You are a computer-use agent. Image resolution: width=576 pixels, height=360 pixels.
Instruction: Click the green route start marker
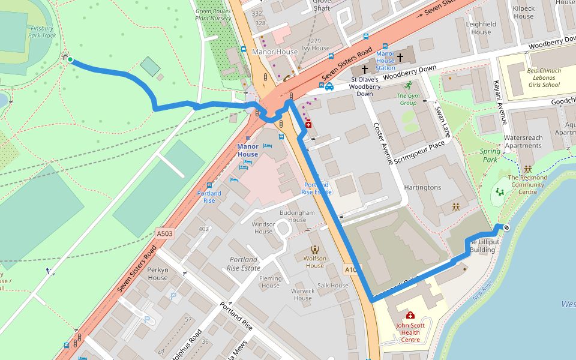[70, 59]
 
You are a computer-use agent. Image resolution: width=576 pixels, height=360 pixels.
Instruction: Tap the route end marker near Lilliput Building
[506, 227]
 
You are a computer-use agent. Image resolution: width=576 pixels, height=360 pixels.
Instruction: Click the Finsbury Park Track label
[42, 32]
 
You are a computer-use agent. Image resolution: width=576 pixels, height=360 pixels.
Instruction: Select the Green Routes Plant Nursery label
[213, 14]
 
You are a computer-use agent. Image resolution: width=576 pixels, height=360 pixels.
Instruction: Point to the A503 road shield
[164, 233]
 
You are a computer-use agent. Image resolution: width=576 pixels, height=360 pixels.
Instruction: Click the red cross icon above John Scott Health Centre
[410, 315]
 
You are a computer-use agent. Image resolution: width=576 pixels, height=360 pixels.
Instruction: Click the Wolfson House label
[314, 262]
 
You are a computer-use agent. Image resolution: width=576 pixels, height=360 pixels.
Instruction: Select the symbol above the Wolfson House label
[314, 250]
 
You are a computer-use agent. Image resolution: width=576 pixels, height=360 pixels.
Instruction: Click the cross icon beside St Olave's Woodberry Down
[364, 70]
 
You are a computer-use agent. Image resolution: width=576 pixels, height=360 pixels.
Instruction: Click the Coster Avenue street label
[383, 144]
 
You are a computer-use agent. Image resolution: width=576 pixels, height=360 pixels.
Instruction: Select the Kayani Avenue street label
[502, 102]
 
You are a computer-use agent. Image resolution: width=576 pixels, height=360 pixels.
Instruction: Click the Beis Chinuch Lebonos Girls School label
[544, 77]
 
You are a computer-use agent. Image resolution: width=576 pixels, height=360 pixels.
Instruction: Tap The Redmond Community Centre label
[528, 181]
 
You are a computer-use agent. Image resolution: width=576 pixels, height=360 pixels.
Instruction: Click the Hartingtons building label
[422, 187]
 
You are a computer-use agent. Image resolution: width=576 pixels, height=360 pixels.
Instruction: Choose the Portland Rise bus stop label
[209, 197]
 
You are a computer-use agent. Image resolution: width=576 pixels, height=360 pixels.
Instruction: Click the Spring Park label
[490, 155]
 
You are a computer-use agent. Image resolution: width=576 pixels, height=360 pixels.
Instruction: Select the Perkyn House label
[158, 274]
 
